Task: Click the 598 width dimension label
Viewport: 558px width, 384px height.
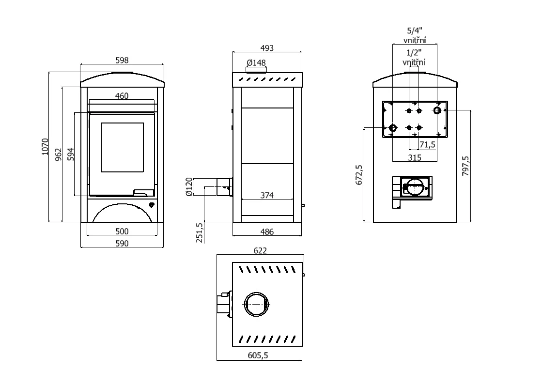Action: point(122,60)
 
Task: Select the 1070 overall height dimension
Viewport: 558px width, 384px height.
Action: point(45,147)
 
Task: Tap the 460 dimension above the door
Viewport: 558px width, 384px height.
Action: point(122,96)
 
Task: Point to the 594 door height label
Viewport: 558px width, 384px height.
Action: point(71,154)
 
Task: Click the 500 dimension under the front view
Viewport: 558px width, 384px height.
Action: point(122,231)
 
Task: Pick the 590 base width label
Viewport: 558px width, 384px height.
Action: point(122,244)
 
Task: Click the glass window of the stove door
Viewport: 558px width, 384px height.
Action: point(122,147)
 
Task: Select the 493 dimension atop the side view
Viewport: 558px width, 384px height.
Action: point(267,48)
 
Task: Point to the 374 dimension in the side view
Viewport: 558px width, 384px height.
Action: point(267,196)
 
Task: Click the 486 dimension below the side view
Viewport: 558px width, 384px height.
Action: point(267,232)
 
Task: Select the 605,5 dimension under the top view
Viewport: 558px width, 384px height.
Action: point(258,355)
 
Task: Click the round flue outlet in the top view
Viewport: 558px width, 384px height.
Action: point(256,305)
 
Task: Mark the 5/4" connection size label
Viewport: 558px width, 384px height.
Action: point(414,31)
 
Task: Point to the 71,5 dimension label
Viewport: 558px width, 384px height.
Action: point(427,145)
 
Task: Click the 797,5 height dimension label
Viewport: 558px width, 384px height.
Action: point(465,166)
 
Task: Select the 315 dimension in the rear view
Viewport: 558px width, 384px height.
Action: point(414,157)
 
